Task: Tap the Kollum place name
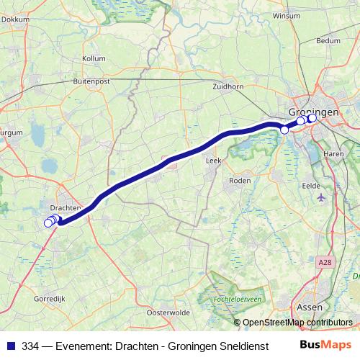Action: (x=94, y=58)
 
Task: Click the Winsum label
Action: (x=286, y=15)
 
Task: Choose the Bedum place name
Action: (x=328, y=41)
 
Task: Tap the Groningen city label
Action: (x=312, y=113)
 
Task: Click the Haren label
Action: (x=333, y=154)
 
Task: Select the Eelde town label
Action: (x=311, y=184)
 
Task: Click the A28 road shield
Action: (x=326, y=264)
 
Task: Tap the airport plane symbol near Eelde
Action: (x=320, y=197)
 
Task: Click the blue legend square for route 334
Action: (x=11, y=346)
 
